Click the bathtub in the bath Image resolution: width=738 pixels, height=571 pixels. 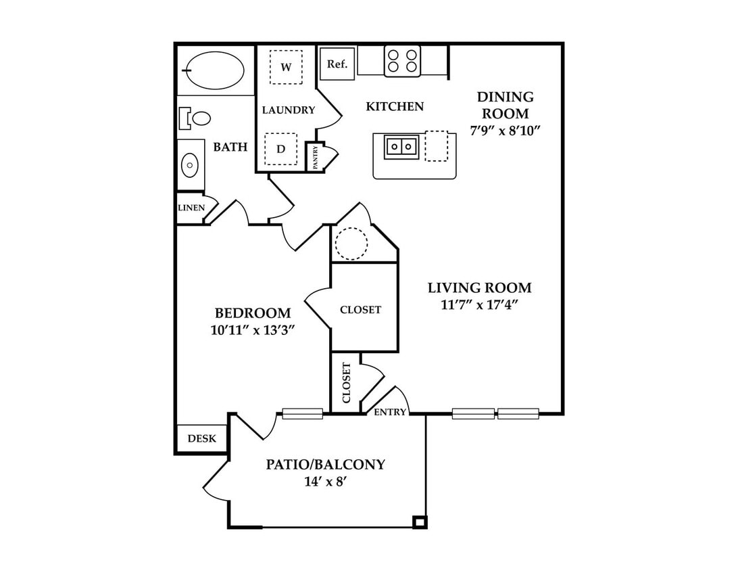[x=215, y=70]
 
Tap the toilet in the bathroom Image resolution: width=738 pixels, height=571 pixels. [x=195, y=118]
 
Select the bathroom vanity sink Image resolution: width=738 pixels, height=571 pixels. [x=190, y=165]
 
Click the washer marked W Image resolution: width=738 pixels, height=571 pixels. [x=286, y=67]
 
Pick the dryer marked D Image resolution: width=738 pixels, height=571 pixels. [x=280, y=149]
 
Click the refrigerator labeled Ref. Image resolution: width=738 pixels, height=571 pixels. [x=337, y=64]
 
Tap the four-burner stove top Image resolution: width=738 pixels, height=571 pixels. [x=402, y=61]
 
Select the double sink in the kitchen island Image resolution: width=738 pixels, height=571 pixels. [x=401, y=147]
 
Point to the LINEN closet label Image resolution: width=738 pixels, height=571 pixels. [x=191, y=208]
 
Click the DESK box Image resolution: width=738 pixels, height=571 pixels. [x=202, y=438]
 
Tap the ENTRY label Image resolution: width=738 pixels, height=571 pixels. [x=390, y=412]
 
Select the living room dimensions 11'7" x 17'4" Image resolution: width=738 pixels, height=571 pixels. [x=480, y=305]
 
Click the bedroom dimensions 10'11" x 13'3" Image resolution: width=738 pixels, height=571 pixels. [x=253, y=330]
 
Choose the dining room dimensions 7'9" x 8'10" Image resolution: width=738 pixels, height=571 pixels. [x=505, y=131]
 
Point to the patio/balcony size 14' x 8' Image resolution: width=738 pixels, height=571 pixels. [x=326, y=482]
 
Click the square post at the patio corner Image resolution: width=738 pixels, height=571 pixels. [x=419, y=522]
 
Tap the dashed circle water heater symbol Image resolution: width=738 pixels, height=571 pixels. [x=351, y=244]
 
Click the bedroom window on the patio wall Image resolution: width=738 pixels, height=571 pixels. [x=302, y=413]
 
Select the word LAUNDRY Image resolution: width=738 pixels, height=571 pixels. [x=289, y=110]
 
